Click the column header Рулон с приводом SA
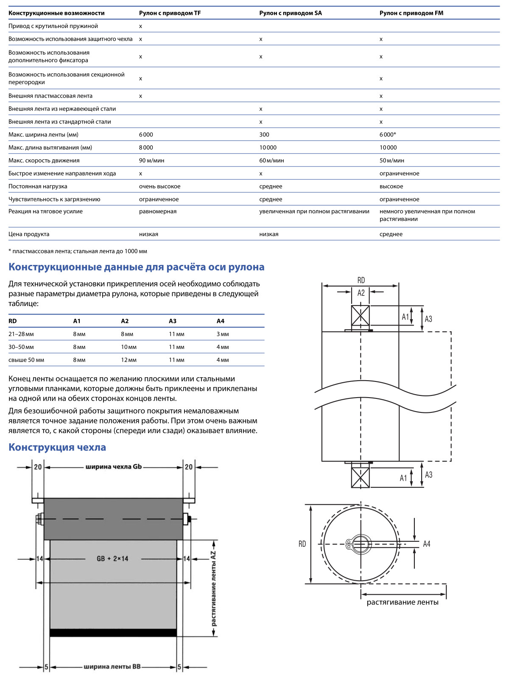coord(291,13)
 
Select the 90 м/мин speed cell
coord(151,161)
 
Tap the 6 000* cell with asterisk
coord(388,135)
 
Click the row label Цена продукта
coord(29,234)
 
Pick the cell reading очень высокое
coord(159,187)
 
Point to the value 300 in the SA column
coord(264,135)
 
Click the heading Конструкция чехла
coord(57,448)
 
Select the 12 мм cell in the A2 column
coord(129,360)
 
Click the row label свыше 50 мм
coord(26,360)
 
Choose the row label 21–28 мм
coord(21,334)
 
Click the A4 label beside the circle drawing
coord(427,544)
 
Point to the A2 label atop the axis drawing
coord(361,293)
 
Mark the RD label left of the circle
coord(302,544)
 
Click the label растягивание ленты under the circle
coord(403,603)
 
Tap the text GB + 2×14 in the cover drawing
coord(112,559)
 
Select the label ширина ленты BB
coord(112,667)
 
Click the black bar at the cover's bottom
coord(113,633)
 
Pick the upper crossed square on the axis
coord(361,316)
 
